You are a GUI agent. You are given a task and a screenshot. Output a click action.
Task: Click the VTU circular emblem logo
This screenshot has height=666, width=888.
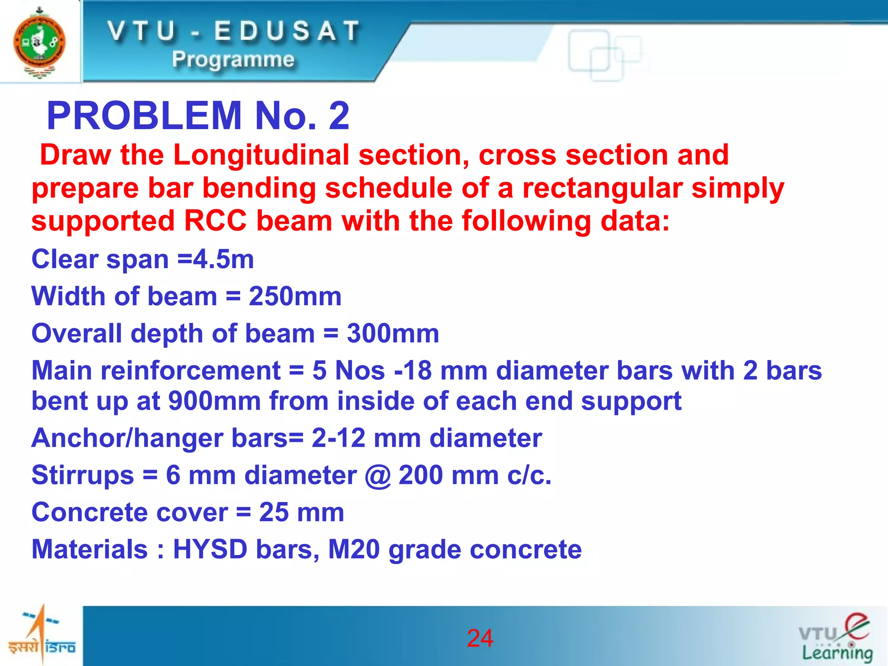coord(39,42)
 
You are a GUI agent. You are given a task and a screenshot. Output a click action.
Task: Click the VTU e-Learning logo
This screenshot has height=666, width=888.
coord(836,638)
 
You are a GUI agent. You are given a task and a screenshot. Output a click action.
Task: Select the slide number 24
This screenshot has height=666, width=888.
coord(480,638)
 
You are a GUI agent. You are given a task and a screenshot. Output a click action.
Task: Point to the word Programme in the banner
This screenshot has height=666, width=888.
coord(233,59)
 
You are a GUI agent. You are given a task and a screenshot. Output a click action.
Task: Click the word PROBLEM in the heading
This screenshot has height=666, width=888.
coord(144,116)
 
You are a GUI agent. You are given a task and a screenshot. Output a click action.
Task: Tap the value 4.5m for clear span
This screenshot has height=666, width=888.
coord(223,260)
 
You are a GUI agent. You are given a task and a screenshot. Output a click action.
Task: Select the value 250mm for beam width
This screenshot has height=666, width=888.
coord(295,297)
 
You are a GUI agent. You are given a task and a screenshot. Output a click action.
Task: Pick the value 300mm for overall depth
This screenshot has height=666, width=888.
coord(393,333)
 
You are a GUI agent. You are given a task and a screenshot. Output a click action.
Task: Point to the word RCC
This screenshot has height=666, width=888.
coord(215,221)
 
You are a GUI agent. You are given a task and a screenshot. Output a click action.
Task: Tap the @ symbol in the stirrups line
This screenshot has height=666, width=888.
coord(377,476)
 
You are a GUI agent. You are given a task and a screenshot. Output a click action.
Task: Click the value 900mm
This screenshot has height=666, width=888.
coord(214,401)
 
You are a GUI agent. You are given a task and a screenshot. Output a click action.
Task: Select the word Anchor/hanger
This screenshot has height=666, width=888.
coord(128,438)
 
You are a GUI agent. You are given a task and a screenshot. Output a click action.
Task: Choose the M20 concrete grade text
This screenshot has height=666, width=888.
coord(353,549)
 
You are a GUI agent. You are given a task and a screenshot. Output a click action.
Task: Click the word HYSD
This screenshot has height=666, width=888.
coord(210,549)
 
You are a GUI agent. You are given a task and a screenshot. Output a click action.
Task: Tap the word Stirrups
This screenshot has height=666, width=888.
coord(83,475)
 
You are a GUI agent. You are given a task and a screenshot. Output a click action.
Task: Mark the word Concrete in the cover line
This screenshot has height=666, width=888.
coord(130,512)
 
